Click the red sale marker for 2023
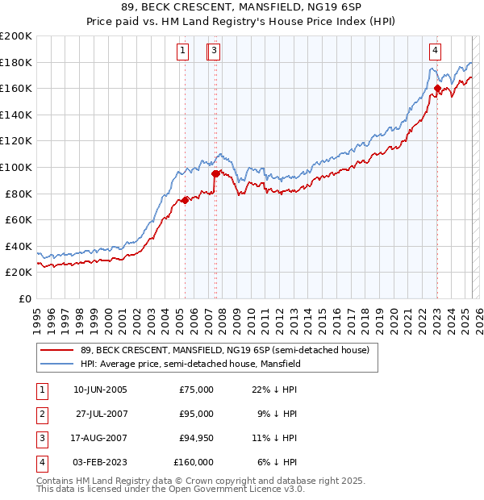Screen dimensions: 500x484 [437, 89]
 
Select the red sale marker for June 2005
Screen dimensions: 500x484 [185, 200]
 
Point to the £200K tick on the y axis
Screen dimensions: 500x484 [16, 36]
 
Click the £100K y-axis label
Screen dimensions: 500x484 [16, 167]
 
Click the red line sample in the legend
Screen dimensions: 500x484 [56, 351]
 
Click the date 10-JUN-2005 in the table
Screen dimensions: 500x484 [100, 390]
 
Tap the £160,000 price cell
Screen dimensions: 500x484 [193, 462]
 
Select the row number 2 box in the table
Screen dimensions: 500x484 [41, 414]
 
